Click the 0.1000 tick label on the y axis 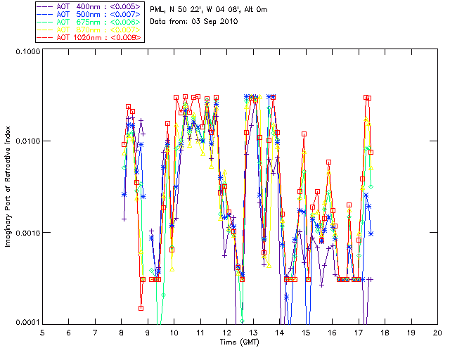tap(25, 52)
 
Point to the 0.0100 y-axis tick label tap(25, 142)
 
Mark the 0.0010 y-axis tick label tap(25, 233)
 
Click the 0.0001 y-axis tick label tap(25, 323)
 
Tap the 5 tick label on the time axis tap(42, 332)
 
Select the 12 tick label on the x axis tap(226, 332)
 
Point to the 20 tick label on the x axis tap(437, 332)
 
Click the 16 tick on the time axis tap(332, 332)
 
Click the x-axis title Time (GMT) tap(240, 341)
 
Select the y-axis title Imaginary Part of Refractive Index tap(9, 187)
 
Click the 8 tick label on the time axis tap(121, 332)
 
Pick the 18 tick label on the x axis tap(385, 332)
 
